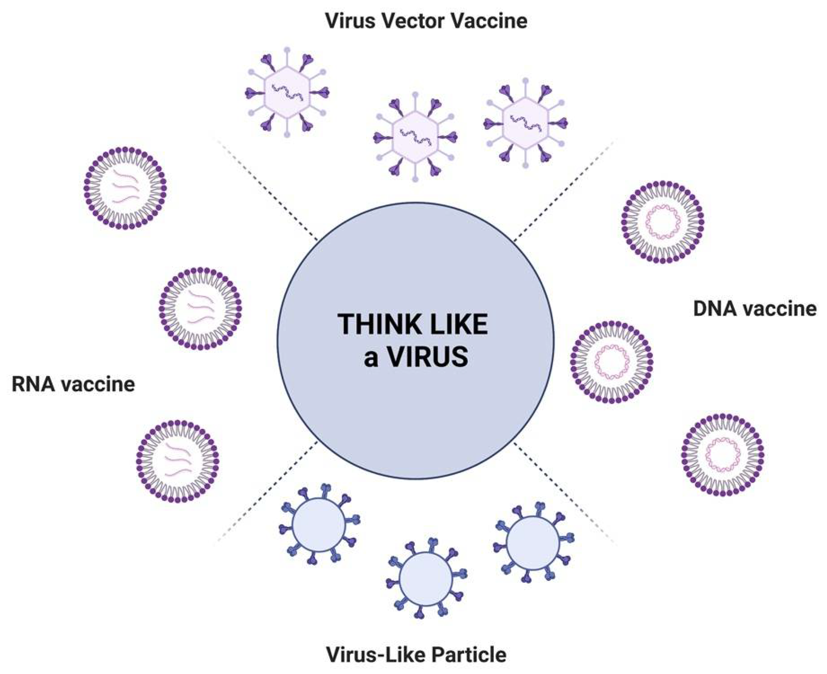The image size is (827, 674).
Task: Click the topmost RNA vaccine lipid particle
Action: (x=125, y=188)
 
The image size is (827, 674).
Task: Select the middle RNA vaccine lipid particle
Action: (x=200, y=308)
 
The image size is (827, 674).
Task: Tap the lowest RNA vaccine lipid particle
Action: (x=178, y=461)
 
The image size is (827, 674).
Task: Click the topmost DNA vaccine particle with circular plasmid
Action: (x=663, y=222)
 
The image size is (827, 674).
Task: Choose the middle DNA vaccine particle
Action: (x=612, y=362)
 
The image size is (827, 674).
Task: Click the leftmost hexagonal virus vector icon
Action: (x=287, y=92)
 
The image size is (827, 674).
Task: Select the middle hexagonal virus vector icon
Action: (x=415, y=137)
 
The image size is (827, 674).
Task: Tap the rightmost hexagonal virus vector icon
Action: (x=525, y=123)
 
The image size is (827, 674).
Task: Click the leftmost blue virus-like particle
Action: (x=319, y=525)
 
